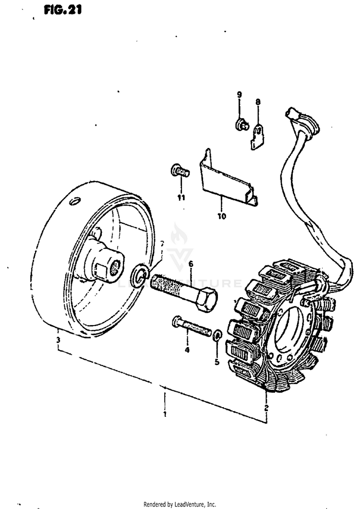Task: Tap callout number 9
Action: coord(239,94)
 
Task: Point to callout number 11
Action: coord(180,197)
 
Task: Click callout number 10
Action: coord(221,216)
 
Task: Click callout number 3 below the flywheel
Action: coord(58,341)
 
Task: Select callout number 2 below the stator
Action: coord(266,408)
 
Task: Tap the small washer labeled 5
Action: coord(217,334)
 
